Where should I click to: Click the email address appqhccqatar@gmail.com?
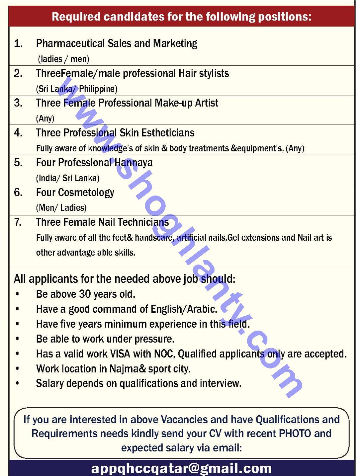(181, 468)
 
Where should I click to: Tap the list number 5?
(18, 163)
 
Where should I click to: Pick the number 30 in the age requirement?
(85, 294)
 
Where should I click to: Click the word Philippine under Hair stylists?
(98, 89)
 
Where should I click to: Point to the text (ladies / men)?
(63, 59)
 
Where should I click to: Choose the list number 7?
(18, 222)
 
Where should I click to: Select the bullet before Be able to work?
(17, 339)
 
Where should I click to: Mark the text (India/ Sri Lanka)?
(68, 178)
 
